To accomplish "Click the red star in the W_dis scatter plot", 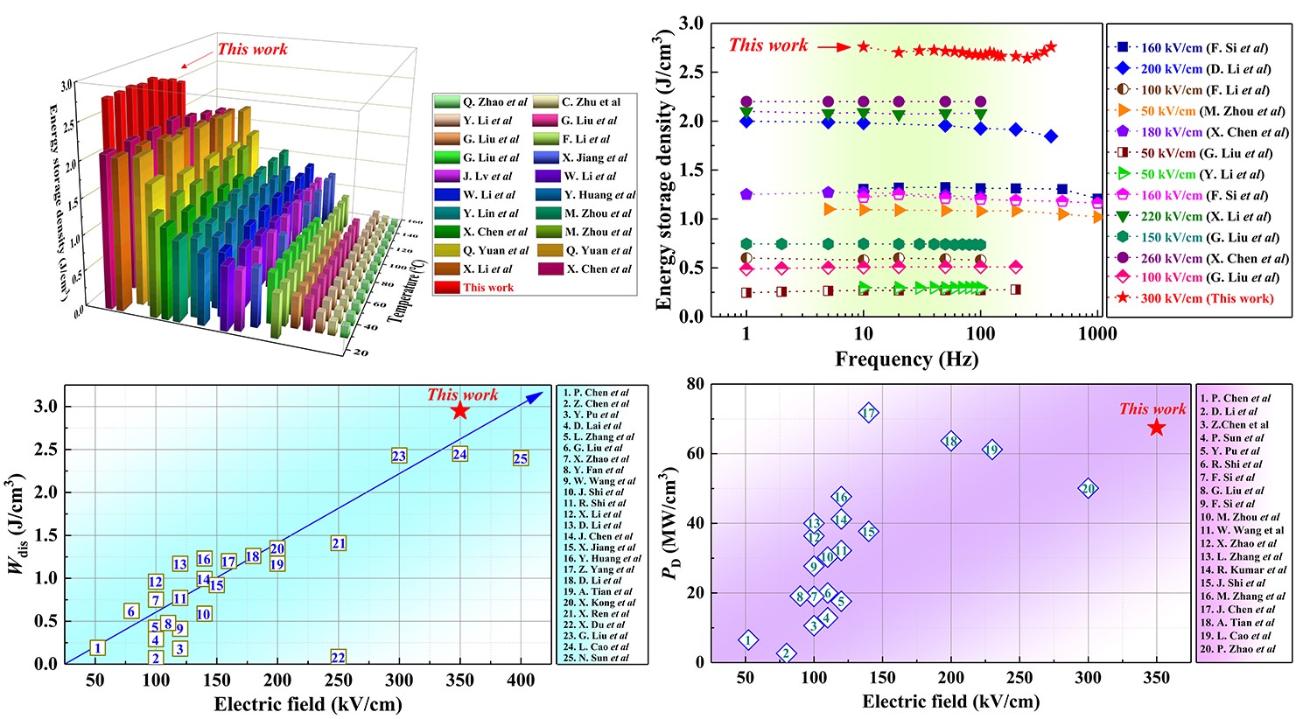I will click(x=460, y=410).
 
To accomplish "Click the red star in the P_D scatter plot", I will click(x=1157, y=427).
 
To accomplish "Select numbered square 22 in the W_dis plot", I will click(x=339, y=657).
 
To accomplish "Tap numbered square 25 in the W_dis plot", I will click(x=521, y=458).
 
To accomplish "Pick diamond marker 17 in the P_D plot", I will click(x=868, y=413).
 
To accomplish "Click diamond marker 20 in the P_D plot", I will click(x=1088, y=489).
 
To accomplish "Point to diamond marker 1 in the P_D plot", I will click(x=748, y=640).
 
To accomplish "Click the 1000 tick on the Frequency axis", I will click(x=1097, y=333).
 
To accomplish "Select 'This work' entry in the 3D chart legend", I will click(x=488, y=288).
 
